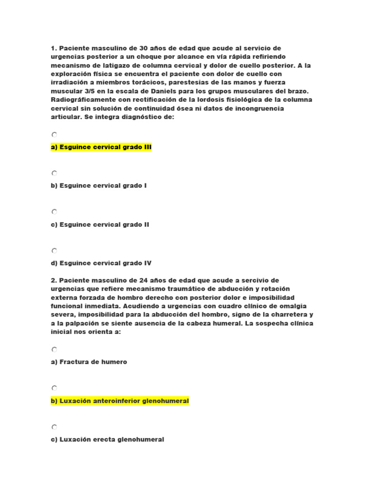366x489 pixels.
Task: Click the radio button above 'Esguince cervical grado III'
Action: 54,135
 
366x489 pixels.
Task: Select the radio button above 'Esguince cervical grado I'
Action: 54,173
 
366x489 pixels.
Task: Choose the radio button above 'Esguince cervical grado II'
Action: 54,212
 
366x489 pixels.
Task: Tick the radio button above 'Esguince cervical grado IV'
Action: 54,250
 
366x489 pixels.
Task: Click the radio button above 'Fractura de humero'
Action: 54,350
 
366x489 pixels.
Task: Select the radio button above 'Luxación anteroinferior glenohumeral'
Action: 54,388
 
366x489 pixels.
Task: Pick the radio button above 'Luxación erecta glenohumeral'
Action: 54,426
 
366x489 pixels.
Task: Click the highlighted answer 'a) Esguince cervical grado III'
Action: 101,148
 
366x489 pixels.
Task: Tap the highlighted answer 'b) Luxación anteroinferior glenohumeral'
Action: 120,401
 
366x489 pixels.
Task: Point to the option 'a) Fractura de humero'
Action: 89,362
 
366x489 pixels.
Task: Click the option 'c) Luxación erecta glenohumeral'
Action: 107,439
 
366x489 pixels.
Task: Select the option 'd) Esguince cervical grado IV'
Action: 101,263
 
